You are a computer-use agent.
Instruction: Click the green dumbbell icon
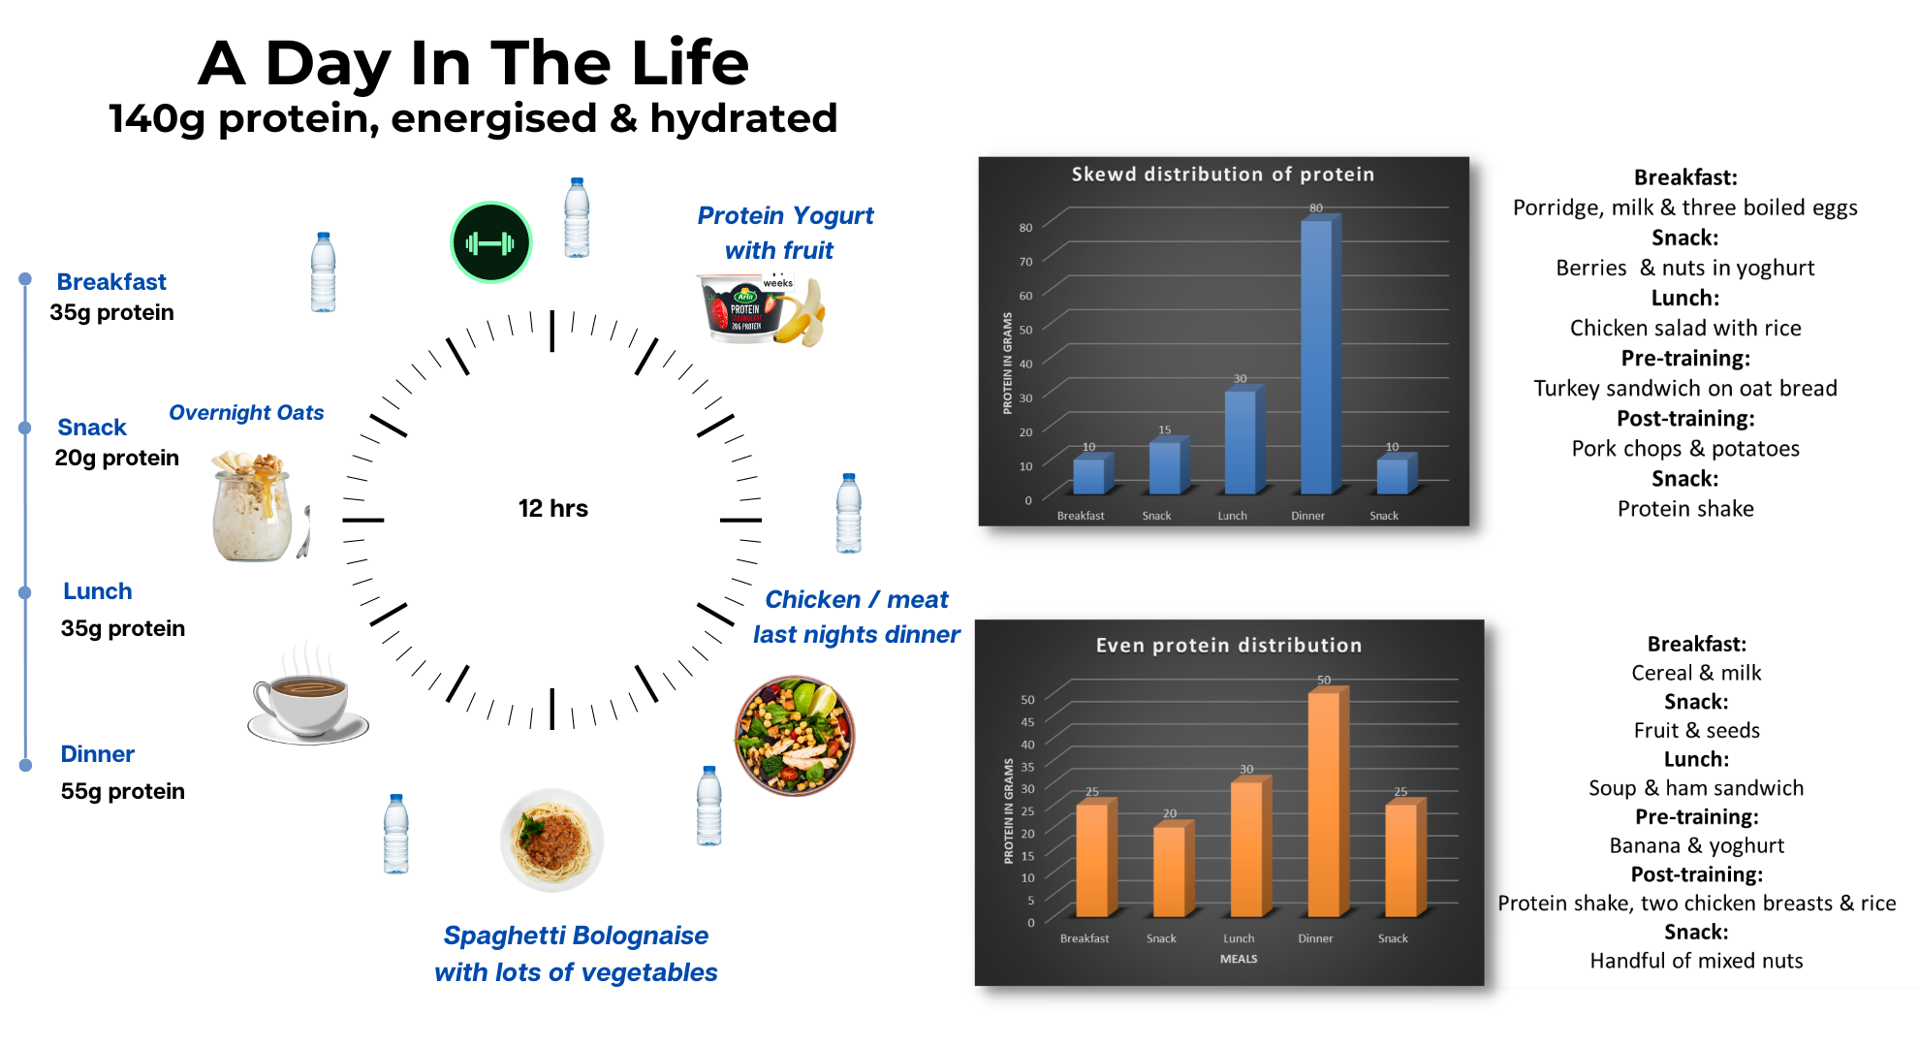[491, 242]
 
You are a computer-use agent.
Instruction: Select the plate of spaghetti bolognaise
[551, 840]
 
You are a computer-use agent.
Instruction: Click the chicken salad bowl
[795, 736]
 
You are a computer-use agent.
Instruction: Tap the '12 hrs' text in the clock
[552, 509]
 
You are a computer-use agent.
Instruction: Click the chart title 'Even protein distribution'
[1228, 646]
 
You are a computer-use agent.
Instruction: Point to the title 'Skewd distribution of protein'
[1222, 174]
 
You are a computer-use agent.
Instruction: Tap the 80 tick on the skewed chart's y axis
[1025, 228]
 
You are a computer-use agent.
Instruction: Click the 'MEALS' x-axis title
[1238, 959]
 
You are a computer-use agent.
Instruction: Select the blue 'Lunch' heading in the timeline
[97, 591]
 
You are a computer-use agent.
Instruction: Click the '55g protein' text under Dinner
[122, 791]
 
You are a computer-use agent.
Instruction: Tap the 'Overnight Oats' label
[246, 413]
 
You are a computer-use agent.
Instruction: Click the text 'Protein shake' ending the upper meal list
[1684, 509]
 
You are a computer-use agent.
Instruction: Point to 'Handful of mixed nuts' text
[1695, 961]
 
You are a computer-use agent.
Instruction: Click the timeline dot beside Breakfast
[25, 279]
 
